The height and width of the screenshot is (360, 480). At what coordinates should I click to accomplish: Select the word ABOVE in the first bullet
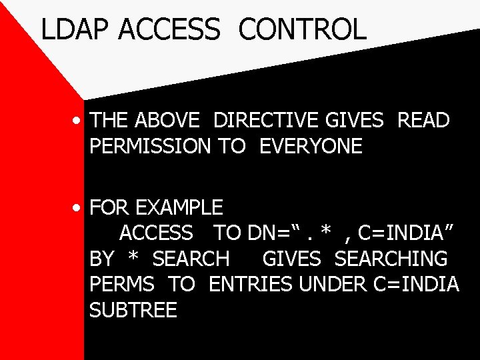[167, 121]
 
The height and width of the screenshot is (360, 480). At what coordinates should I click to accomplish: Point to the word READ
[423, 121]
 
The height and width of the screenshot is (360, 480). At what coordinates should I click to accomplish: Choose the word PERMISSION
[150, 146]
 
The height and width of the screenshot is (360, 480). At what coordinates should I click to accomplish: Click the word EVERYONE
[311, 146]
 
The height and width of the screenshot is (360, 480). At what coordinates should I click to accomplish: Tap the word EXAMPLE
[179, 207]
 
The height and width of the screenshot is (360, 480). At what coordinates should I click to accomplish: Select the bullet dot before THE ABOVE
[78, 122]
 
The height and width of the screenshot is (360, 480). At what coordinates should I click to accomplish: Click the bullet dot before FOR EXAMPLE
[78, 209]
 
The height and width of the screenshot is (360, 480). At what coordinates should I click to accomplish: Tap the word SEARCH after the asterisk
[191, 258]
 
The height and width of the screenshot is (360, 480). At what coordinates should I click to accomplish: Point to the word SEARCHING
[391, 258]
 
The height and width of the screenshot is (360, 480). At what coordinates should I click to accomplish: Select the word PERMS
[122, 284]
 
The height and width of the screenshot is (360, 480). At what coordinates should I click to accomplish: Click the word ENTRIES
[251, 284]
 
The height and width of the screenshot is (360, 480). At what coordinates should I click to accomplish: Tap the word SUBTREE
[133, 310]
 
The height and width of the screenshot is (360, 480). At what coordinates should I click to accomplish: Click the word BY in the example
[101, 258]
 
